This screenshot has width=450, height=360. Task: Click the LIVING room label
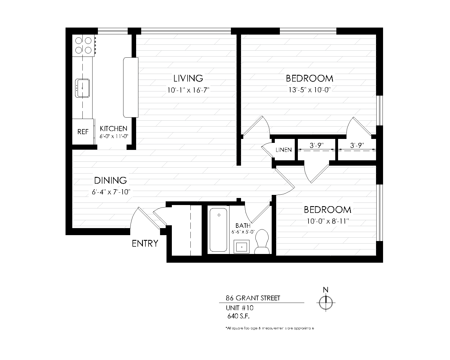[188, 78]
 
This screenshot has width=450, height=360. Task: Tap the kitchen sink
[82, 88]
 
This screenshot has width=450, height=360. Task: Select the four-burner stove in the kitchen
[84, 45]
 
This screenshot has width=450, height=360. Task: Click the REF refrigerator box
[83, 132]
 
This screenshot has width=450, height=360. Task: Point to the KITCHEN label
[114, 129]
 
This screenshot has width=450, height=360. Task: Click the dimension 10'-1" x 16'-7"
[188, 90]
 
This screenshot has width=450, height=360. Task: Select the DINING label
[110, 180]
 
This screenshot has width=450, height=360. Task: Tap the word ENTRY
[145, 244]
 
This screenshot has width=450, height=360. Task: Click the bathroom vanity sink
[242, 247]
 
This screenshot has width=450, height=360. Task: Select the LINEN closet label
[283, 150]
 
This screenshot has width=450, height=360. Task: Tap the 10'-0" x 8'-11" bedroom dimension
[328, 221]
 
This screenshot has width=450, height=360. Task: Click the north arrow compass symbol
[326, 303]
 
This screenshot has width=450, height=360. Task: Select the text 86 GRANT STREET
[253, 298]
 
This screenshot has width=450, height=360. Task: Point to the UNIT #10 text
[239, 308]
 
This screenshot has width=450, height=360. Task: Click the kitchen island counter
[131, 87]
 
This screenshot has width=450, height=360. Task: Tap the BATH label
[243, 226]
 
